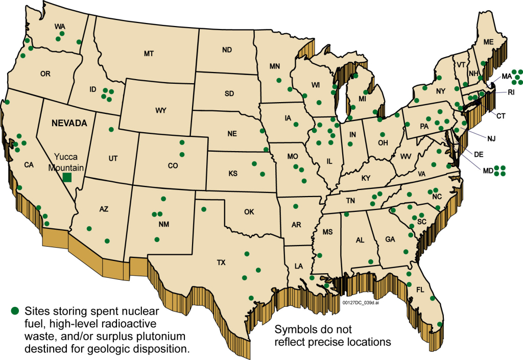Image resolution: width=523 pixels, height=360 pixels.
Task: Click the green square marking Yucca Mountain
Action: tap(67, 178)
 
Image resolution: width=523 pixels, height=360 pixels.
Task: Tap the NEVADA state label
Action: tap(69, 123)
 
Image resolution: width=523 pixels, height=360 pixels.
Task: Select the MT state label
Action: tap(149, 54)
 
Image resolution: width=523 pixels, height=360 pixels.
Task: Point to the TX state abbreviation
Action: tap(221, 262)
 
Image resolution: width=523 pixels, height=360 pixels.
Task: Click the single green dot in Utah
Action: tap(111, 130)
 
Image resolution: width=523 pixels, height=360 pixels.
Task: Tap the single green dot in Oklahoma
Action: tap(204, 209)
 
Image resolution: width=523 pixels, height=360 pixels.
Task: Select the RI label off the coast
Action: tap(511, 92)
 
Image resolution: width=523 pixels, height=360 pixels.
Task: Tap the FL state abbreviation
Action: tap(420, 290)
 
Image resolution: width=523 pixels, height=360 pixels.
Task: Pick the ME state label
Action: tap(488, 42)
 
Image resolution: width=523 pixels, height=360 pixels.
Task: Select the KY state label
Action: tap(366, 178)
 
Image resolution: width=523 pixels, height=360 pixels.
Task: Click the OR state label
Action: tap(45, 74)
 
